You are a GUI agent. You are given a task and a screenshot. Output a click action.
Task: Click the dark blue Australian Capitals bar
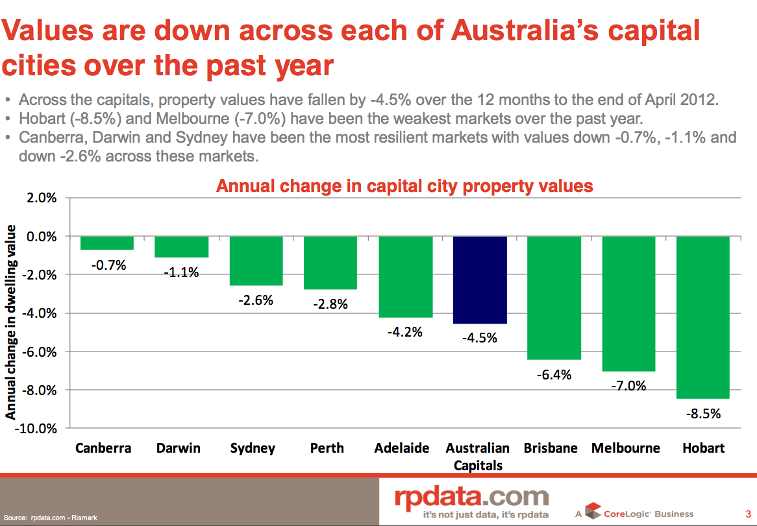pos(480,280)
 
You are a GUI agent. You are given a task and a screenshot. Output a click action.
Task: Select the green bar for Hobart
pos(703,317)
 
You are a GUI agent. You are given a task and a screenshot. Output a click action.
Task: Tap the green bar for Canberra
pos(107,243)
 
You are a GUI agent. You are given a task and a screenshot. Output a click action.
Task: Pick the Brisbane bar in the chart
pos(554,298)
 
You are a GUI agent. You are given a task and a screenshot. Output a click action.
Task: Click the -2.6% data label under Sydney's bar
pos(255,300)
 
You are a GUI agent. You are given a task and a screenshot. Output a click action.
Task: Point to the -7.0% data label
pos(629,385)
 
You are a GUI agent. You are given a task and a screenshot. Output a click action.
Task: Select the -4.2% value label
pos(404,332)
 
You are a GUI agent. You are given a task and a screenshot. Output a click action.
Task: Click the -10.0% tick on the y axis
pos(40,429)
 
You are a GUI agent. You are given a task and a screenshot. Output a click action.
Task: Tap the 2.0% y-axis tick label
pos(42,198)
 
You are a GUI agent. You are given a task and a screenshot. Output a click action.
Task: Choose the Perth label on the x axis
pos(327,448)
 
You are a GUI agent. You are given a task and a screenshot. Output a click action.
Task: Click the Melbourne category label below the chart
pos(625,448)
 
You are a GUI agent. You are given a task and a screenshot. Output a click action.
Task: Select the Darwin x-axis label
pos(179,448)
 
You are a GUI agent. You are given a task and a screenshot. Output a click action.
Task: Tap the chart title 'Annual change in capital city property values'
pos(404,186)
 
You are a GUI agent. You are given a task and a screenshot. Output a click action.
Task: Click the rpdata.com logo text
pos(472,497)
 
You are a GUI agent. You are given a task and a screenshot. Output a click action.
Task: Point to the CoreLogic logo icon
pos(593,511)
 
